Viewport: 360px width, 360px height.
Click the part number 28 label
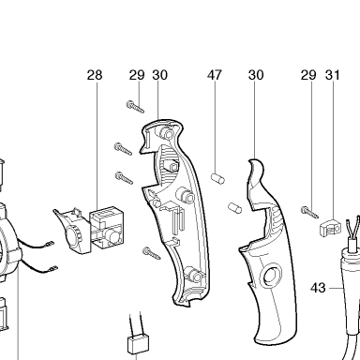pos(95,75)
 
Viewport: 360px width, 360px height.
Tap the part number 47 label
pos(215,75)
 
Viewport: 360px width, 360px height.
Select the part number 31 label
pos(333,75)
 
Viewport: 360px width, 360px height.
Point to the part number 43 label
pos(318,288)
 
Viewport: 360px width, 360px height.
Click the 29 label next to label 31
pos(308,75)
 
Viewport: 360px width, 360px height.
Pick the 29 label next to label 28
pos(137,75)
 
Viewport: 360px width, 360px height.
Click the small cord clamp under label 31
pos(330,227)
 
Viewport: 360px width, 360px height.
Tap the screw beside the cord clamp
pos(309,212)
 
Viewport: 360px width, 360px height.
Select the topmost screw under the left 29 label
pos(135,107)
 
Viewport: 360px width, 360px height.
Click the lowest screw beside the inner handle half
pos(152,253)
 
